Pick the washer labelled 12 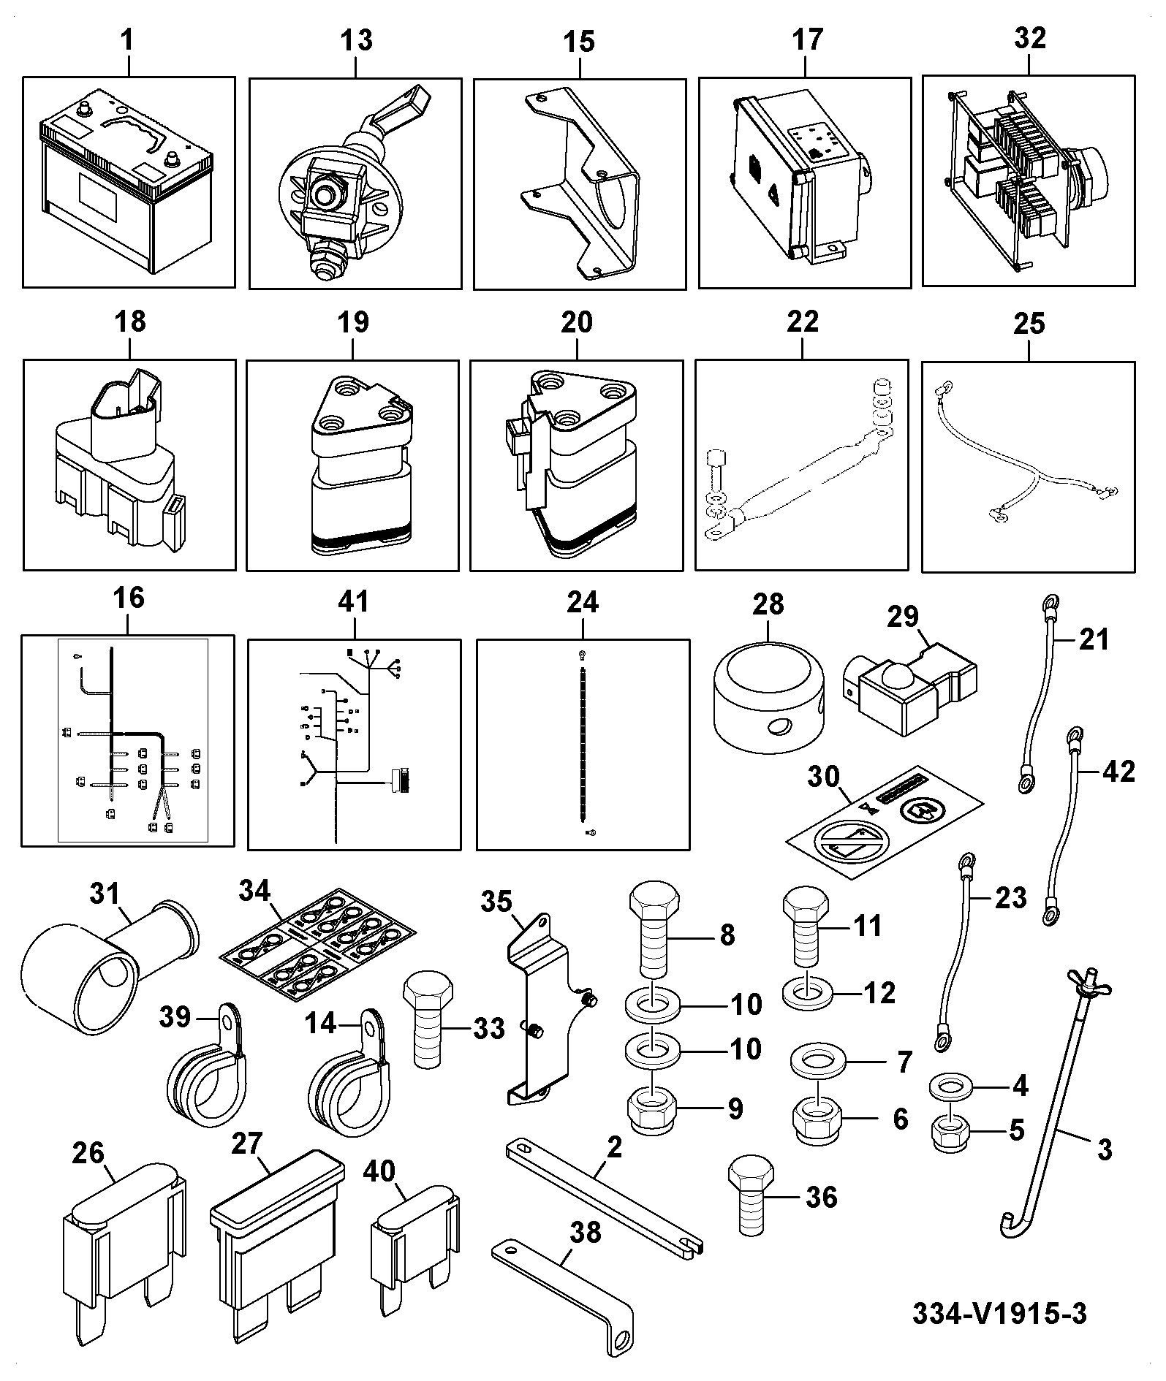tap(807, 994)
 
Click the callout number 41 tap(354, 603)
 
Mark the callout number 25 tap(1029, 322)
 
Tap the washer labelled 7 tap(819, 1062)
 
